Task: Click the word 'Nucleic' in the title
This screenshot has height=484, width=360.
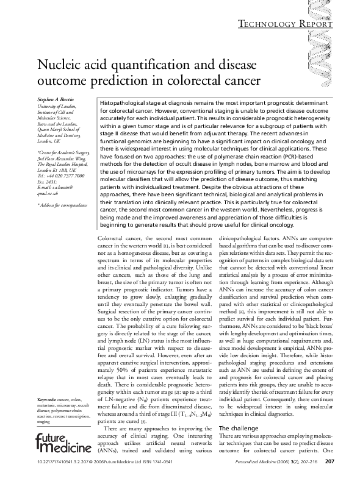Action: click(x=59, y=65)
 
